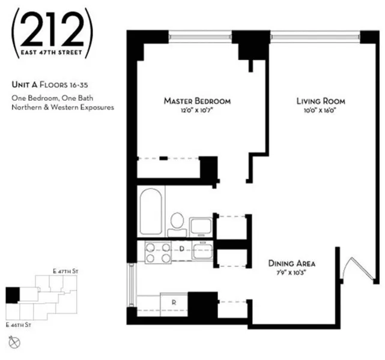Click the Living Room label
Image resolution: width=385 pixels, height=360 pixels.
pyautogui.click(x=321, y=101)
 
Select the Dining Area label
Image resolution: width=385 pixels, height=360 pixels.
pyautogui.click(x=293, y=263)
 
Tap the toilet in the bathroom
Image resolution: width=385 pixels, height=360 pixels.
pyautogui.click(x=177, y=222)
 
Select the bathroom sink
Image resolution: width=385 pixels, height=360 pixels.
pyautogui.click(x=201, y=227)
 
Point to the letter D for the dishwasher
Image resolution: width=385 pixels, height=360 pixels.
pyautogui.click(x=181, y=248)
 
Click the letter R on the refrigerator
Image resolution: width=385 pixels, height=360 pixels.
pyautogui.click(x=173, y=302)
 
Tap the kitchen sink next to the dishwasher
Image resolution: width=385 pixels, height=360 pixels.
pyautogui.click(x=202, y=251)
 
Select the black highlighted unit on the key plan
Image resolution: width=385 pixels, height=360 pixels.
pyautogui.click(x=12, y=295)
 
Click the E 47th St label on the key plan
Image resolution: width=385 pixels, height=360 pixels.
pyautogui.click(x=66, y=272)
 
